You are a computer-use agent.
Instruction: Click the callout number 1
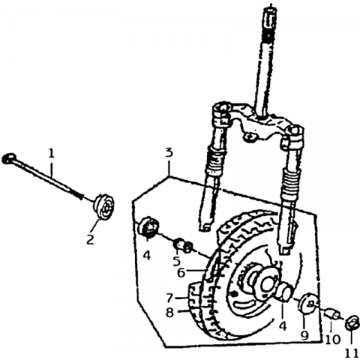coord(51,153)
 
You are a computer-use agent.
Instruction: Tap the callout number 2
coord(90,239)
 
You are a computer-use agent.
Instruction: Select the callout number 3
coord(169,152)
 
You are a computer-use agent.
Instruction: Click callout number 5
coord(176,261)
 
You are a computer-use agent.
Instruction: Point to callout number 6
coord(181,272)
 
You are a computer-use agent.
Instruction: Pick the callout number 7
coord(169,298)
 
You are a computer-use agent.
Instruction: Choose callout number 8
coord(169,312)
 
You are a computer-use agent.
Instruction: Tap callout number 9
coord(304,336)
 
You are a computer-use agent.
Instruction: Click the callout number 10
coord(333,340)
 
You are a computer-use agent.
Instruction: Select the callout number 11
coord(352,354)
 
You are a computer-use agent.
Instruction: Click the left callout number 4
coord(147,255)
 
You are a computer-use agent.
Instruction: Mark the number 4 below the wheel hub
coord(283,326)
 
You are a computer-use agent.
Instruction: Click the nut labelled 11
coord(351,323)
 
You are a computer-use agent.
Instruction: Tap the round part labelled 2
coord(103,206)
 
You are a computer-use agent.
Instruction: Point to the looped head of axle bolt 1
coord(7,158)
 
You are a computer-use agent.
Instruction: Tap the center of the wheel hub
coord(267,283)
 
